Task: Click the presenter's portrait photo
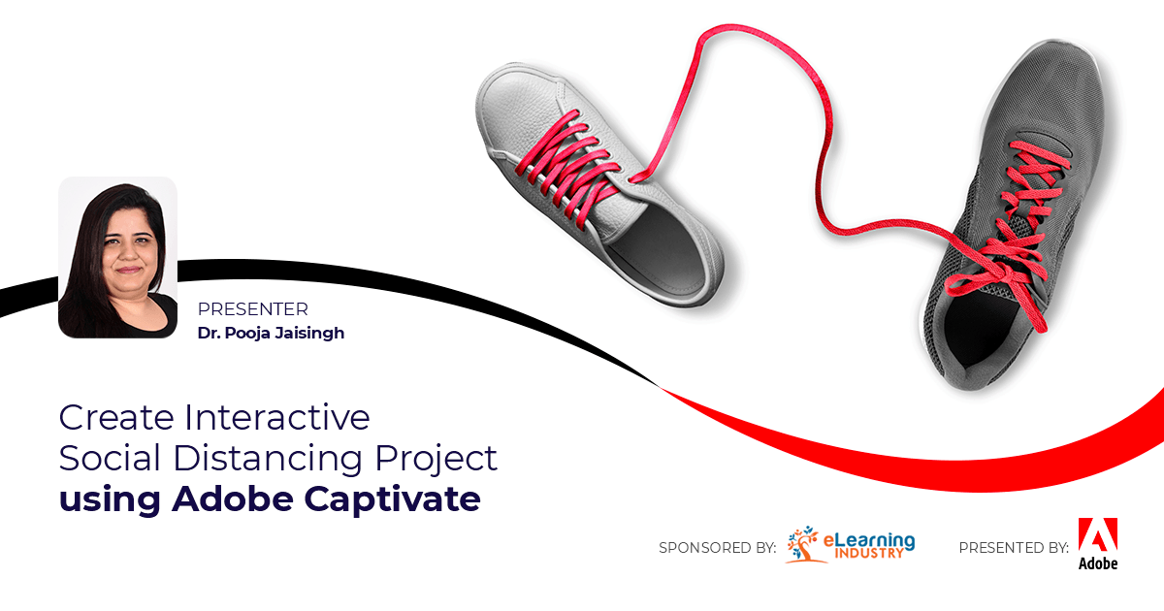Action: click(x=117, y=257)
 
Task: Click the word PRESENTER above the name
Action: click(x=252, y=310)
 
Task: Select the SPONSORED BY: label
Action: click(x=717, y=548)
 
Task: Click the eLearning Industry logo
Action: click(x=851, y=544)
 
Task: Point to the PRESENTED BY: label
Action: click(x=1014, y=548)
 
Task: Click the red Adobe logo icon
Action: click(x=1097, y=534)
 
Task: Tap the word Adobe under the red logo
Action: click(x=1097, y=563)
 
